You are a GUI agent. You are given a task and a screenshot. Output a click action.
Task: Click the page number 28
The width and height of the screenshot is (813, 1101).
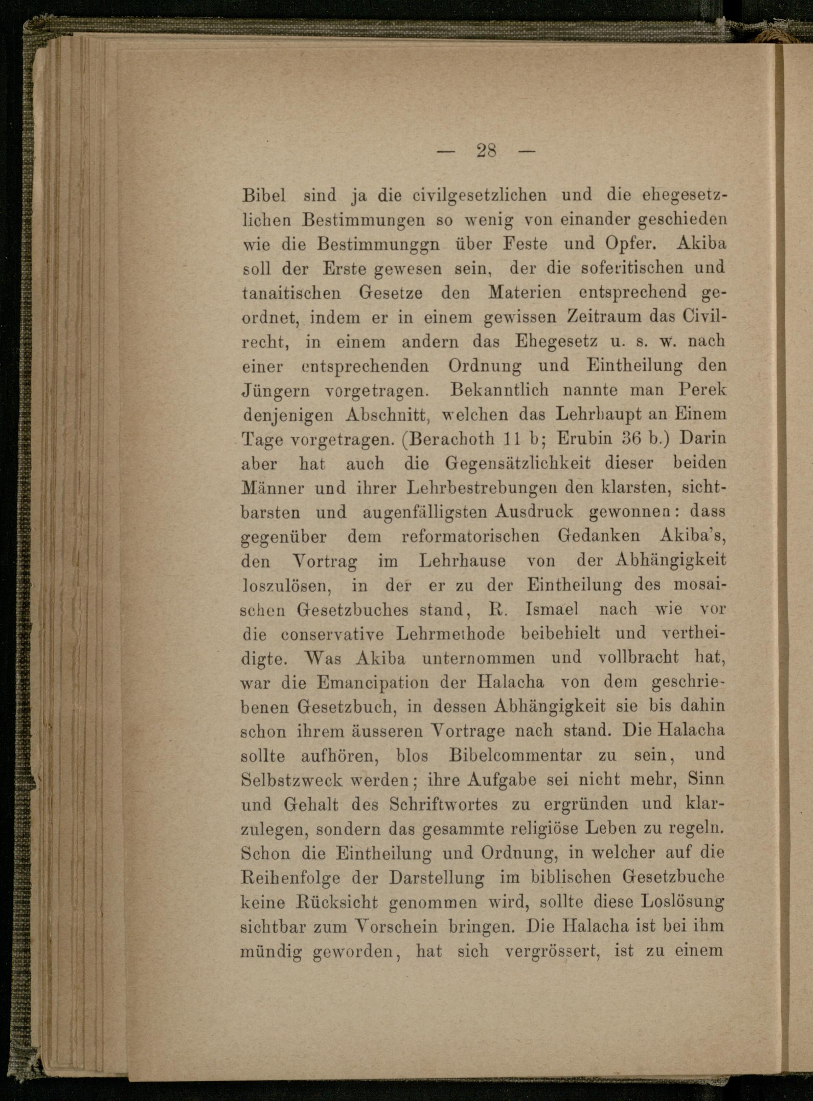486,150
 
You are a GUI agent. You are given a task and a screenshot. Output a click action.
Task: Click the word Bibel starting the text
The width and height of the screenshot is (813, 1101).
264,195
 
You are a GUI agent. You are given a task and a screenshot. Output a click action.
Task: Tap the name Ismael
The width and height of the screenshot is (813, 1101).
552,609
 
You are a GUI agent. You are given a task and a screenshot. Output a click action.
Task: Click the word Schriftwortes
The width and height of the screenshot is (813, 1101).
443,804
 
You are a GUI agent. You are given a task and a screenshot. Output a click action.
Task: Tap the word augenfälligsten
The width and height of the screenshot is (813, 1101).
425,512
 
